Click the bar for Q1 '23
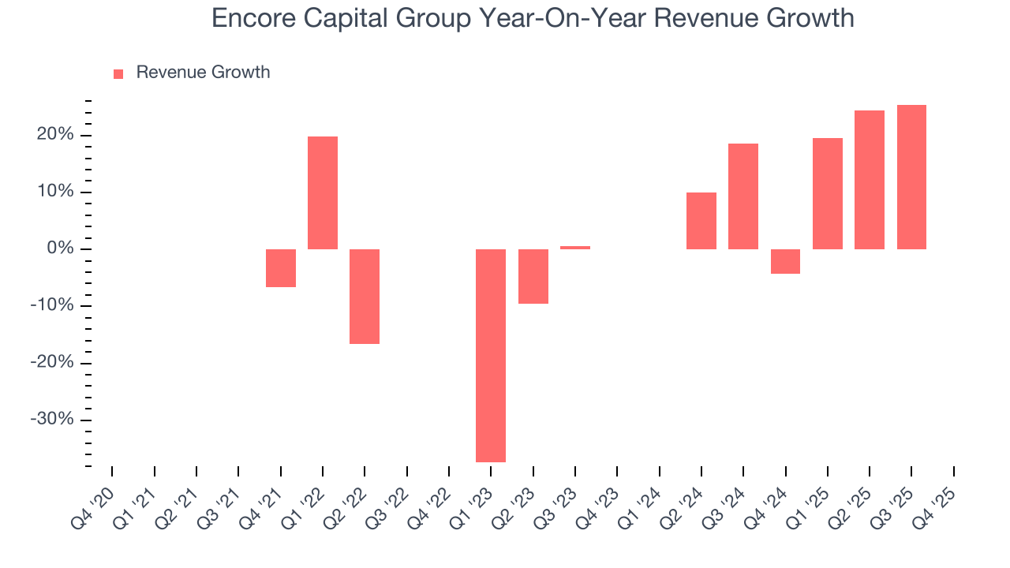pos(491,355)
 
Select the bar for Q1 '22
pos(323,192)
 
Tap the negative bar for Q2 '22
pos(365,297)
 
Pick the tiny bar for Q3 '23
pos(575,248)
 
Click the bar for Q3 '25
pos(911,177)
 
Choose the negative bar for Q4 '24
pos(785,261)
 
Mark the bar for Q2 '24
pos(701,221)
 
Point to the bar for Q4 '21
pos(281,268)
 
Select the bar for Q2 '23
pos(533,276)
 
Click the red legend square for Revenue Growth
pos(118,73)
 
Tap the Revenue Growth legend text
pos(203,73)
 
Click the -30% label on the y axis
pos(51,419)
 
